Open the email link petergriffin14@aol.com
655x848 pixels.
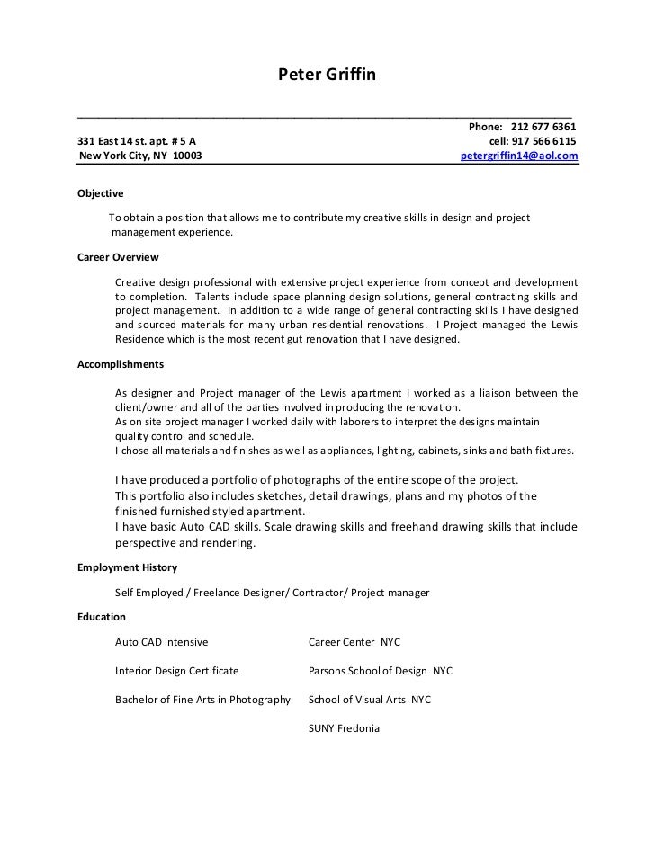[x=519, y=156]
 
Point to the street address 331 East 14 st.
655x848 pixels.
[x=114, y=141]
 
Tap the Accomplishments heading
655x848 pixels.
[x=121, y=365]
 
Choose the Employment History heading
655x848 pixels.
[x=128, y=567]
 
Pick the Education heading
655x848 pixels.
[x=102, y=617]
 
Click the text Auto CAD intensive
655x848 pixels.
[x=161, y=642]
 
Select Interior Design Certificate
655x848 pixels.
[x=176, y=671]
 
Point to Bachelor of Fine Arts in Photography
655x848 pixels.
[x=202, y=699]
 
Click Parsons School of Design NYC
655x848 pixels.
[x=380, y=671]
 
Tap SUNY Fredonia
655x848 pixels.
[x=344, y=728]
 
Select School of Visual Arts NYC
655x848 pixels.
[x=370, y=699]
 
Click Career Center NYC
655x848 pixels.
[x=354, y=642]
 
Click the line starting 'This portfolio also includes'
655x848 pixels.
[x=326, y=495]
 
